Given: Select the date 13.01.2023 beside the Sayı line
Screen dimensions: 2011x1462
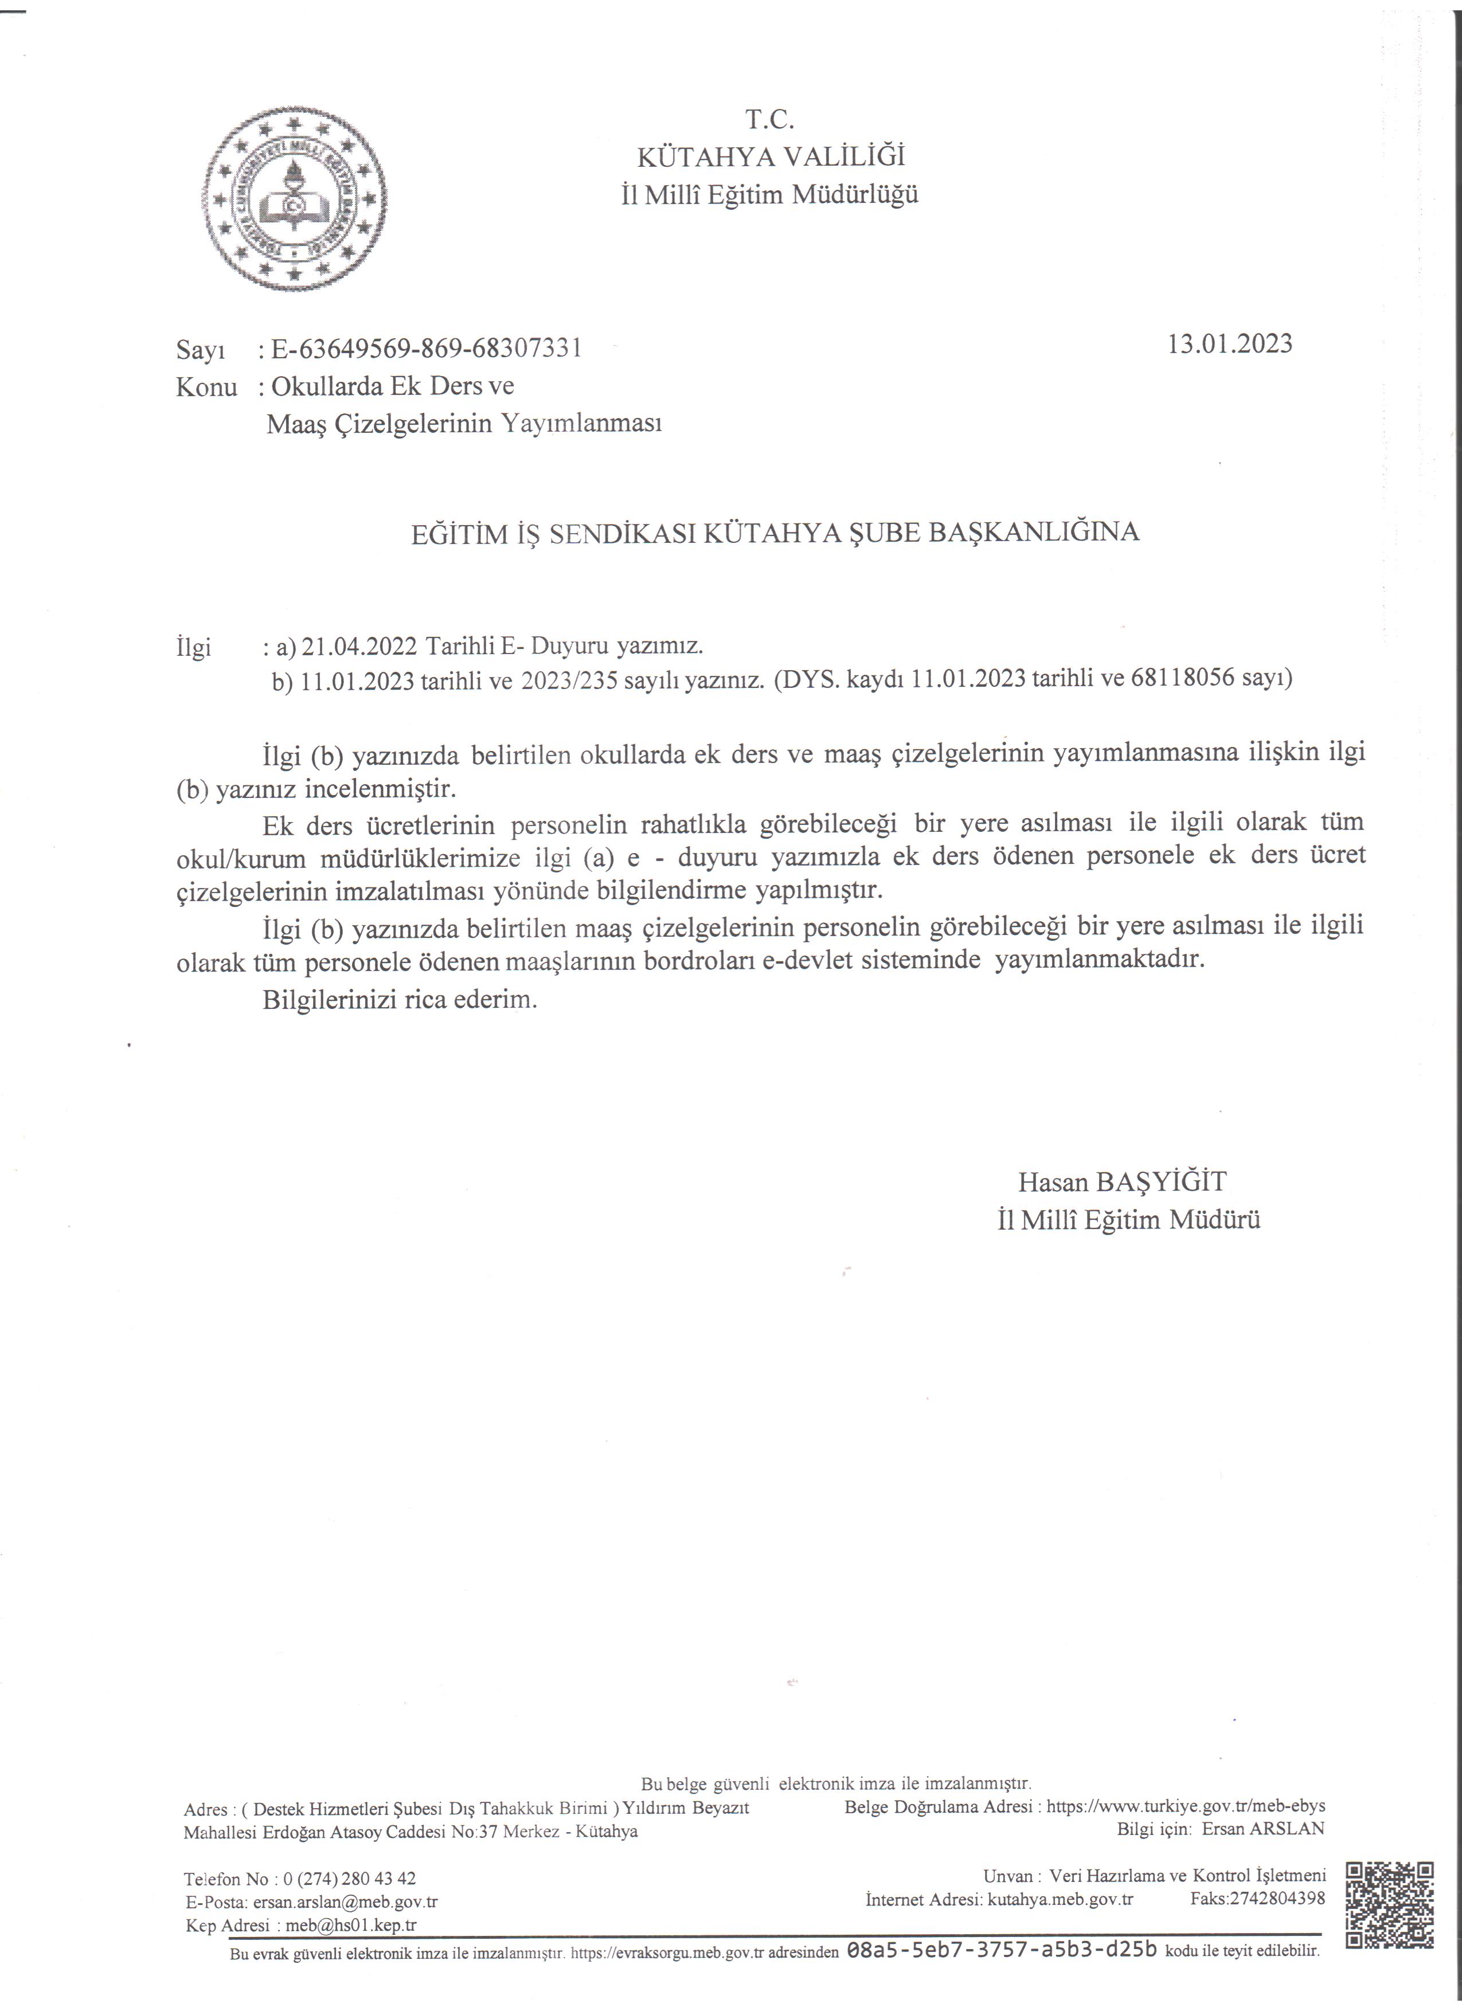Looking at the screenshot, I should [x=1230, y=344].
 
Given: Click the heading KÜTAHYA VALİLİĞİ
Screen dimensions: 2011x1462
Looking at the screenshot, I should [x=771, y=157].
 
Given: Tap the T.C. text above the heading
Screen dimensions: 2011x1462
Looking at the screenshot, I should [x=769, y=119].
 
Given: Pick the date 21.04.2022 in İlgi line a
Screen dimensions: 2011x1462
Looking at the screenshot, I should [x=358, y=647].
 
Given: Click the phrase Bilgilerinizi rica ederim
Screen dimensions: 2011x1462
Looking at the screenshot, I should [x=400, y=1000].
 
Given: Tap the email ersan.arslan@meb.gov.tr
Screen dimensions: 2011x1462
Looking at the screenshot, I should [x=345, y=1901].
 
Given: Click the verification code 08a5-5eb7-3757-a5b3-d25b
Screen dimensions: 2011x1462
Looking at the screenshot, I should [x=1003, y=1950].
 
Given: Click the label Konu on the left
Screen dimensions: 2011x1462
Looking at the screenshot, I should [x=206, y=388].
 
